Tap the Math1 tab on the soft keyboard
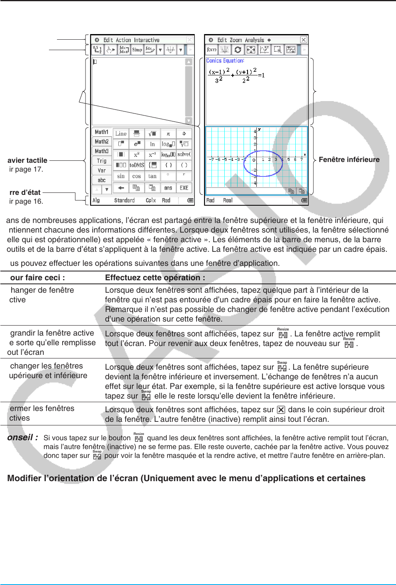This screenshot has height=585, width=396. [x=102, y=132]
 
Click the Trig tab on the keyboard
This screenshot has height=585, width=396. [x=102, y=161]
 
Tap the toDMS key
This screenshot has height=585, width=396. [x=136, y=165]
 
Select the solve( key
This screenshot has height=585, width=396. [x=184, y=154]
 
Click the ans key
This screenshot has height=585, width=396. [x=168, y=188]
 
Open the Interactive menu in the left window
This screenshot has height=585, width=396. [x=146, y=40]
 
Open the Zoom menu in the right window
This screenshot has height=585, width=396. [x=236, y=40]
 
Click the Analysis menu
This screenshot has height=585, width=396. [x=254, y=40]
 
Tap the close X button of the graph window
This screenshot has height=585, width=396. [x=304, y=40]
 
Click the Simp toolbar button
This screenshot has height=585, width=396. [x=137, y=50]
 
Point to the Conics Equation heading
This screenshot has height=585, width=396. [x=225, y=61]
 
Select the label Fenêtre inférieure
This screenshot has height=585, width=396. [x=349, y=160]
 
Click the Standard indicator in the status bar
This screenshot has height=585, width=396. [x=124, y=200]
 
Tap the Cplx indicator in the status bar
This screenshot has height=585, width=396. [x=151, y=200]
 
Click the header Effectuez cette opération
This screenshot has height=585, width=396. [x=155, y=277]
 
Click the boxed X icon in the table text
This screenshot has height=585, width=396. [x=281, y=410]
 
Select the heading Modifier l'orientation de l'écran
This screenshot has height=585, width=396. [x=186, y=478]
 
